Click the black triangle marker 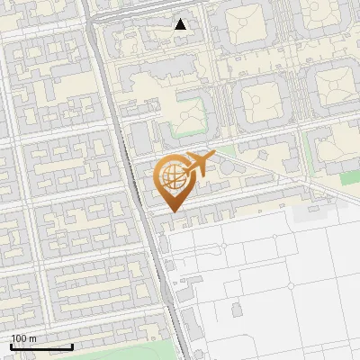[181, 24]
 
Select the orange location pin [173, 180]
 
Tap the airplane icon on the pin [197, 165]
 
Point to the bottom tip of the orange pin [173, 211]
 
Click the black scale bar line [41, 346]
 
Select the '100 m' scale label [23, 338]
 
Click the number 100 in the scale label [19, 338]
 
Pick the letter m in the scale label [32, 338]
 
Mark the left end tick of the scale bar [11, 345]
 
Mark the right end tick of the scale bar [72, 345]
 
